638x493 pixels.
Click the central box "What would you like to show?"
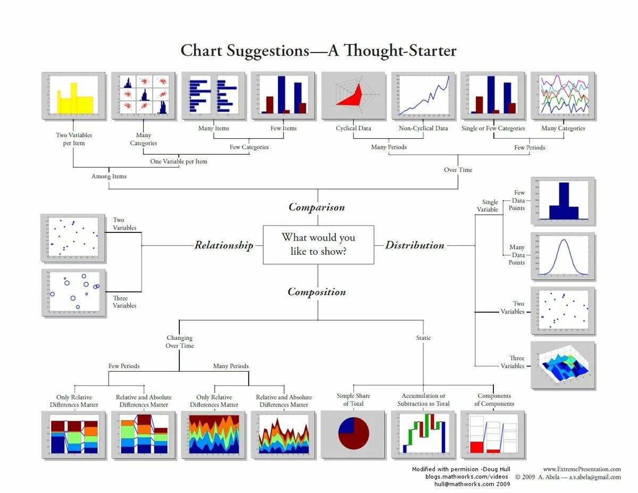318,245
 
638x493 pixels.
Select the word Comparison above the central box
316,207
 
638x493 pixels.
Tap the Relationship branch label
223,245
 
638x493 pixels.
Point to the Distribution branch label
415,245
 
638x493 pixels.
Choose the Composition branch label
316,292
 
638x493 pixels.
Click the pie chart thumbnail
354,434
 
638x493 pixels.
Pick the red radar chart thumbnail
354,96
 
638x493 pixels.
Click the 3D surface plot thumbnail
563,365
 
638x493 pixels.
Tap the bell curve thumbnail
563,256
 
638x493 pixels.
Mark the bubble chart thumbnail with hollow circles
73,294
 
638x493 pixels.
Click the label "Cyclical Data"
354,128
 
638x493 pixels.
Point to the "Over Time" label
458,170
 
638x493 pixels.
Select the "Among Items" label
109,176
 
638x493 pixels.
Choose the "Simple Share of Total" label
354,399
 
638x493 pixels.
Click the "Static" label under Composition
423,338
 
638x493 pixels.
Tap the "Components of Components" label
494,399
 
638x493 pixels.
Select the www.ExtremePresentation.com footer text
582,469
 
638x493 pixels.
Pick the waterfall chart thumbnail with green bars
423,434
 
